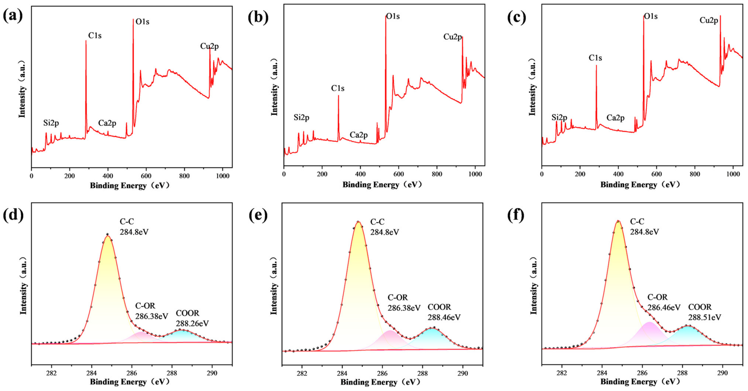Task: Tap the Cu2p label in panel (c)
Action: (708, 20)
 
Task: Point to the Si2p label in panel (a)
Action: (51, 123)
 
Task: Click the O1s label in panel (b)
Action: (393, 16)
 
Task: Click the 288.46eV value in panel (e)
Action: (444, 317)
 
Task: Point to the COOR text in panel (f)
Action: (700, 307)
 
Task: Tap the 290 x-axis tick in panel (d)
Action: (212, 373)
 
